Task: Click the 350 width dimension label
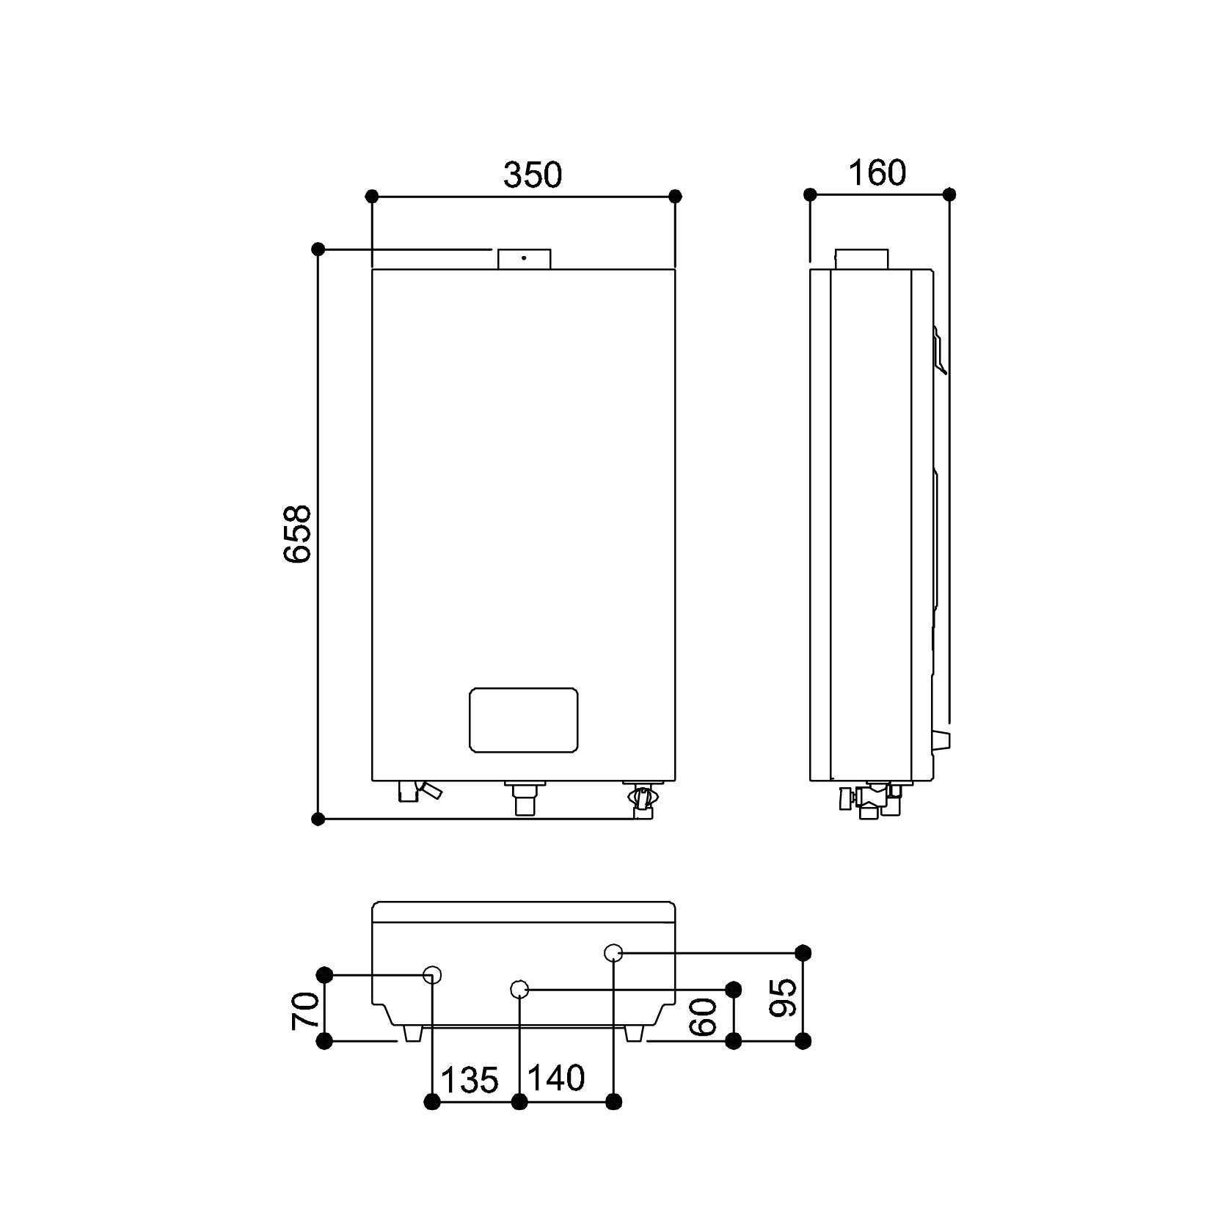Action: coord(533,175)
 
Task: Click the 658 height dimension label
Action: coord(298,533)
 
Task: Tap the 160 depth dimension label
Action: coord(877,173)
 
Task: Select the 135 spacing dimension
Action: coord(470,1079)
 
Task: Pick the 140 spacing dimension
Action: coord(556,1078)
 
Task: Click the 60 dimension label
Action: coord(704,1016)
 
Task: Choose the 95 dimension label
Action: coord(784,997)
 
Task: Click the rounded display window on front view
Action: coord(523,720)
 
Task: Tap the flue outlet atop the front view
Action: coord(524,259)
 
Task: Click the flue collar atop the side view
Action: coord(861,259)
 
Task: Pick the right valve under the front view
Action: coord(642,799)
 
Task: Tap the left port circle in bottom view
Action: coord(433,974)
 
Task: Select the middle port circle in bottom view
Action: coord(519,990)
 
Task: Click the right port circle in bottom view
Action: coord(613,953)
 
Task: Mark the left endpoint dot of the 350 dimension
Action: coord(372,196)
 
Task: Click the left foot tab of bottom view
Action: coord(412,1033)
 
